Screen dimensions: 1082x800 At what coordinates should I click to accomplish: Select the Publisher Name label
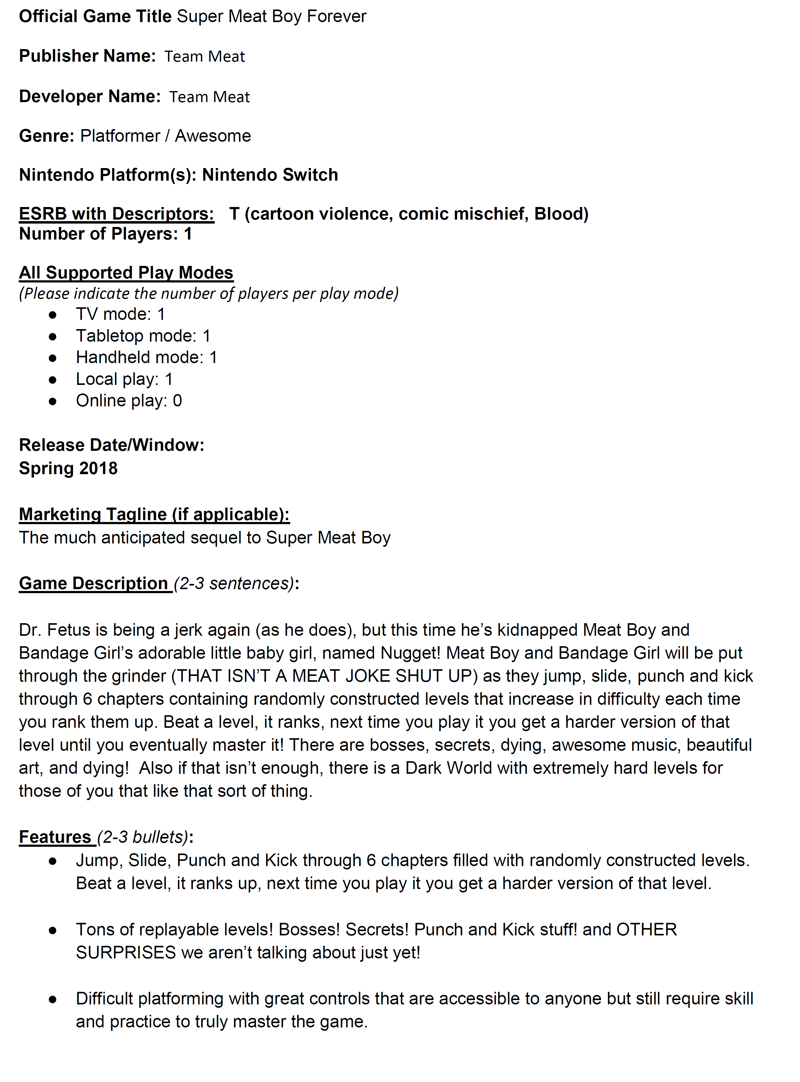point(87,56)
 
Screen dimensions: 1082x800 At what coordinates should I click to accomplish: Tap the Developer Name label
point(90,96)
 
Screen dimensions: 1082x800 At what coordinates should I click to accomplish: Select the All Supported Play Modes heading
point(126,273)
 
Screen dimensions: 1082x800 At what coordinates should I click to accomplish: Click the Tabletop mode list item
point(143,336)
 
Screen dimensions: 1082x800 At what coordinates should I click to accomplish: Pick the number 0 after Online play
point(177,401)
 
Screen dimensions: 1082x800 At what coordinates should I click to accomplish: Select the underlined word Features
point(55,837)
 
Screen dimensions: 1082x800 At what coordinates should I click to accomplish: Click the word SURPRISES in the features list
point(125,953)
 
